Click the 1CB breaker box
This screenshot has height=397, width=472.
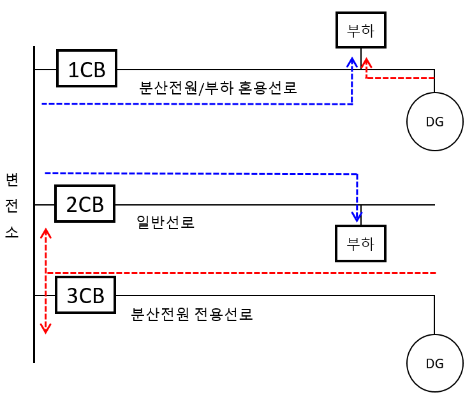[x=87, y=68]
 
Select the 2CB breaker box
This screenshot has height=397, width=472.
[x=85, y=204]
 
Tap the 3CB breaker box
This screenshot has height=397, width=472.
[x=85, y=295]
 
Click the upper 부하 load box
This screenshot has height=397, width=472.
[x=361, y=30]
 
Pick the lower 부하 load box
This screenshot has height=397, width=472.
[x=360, y=243]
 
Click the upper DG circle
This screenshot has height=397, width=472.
[x=434, y=122]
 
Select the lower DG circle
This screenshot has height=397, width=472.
[x=434, y=363]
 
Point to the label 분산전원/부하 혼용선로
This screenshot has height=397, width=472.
[x=218, y=87]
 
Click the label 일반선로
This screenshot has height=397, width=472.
[x=165, y=222]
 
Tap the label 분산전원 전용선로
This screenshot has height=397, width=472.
[x=192, y=314]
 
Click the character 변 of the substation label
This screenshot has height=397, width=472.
[x=12, y=179]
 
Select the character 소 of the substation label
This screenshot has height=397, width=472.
[x=12, y=232]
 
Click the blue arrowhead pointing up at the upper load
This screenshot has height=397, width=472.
[x=352, y=61]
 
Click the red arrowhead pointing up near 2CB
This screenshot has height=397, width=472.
[x=46, y=234]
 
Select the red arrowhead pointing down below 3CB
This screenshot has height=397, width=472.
[x=45, y=329]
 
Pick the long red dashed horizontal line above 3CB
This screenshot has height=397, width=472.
[x=242, y=273]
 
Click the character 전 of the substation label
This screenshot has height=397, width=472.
[x=12, y=206]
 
